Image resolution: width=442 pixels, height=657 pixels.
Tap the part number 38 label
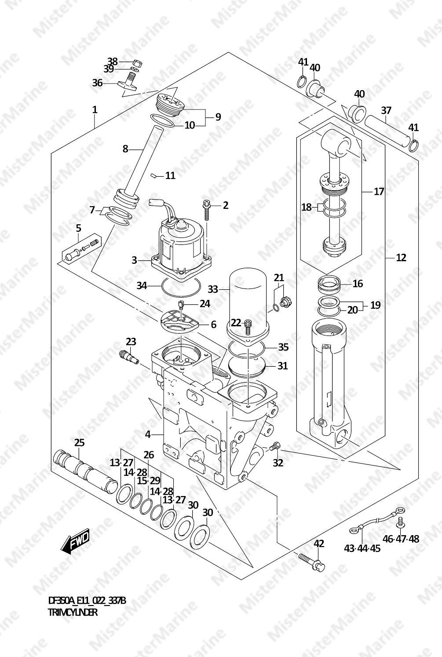point(112,62)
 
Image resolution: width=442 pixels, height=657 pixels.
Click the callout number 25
point(79,442)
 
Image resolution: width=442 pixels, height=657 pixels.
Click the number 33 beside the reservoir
point(213,289)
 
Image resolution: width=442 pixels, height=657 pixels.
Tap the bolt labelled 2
point(206,210)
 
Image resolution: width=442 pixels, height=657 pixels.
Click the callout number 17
point(379,192)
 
